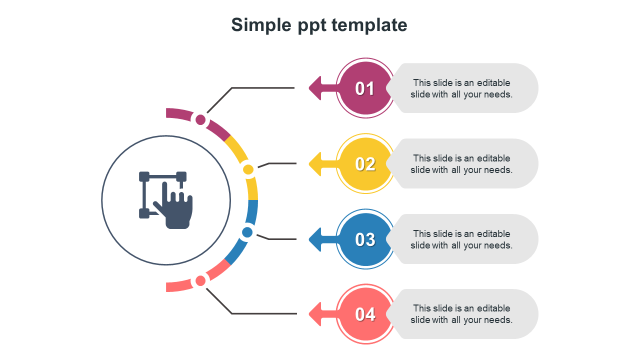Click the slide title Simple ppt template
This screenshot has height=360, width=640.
tap(319, 24)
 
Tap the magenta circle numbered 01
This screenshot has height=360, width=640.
tap(365, 88)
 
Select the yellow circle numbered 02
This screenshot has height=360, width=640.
tap(365, 164)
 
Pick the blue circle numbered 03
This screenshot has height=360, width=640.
tap(365, 239)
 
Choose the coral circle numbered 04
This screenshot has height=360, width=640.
tap(365, 314)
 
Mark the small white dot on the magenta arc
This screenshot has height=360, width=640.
tap(200, 119)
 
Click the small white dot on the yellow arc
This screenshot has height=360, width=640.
tap(248, 170)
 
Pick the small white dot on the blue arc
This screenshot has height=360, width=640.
tap(247, 232)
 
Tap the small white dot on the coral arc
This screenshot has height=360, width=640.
tap(200, 281)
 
